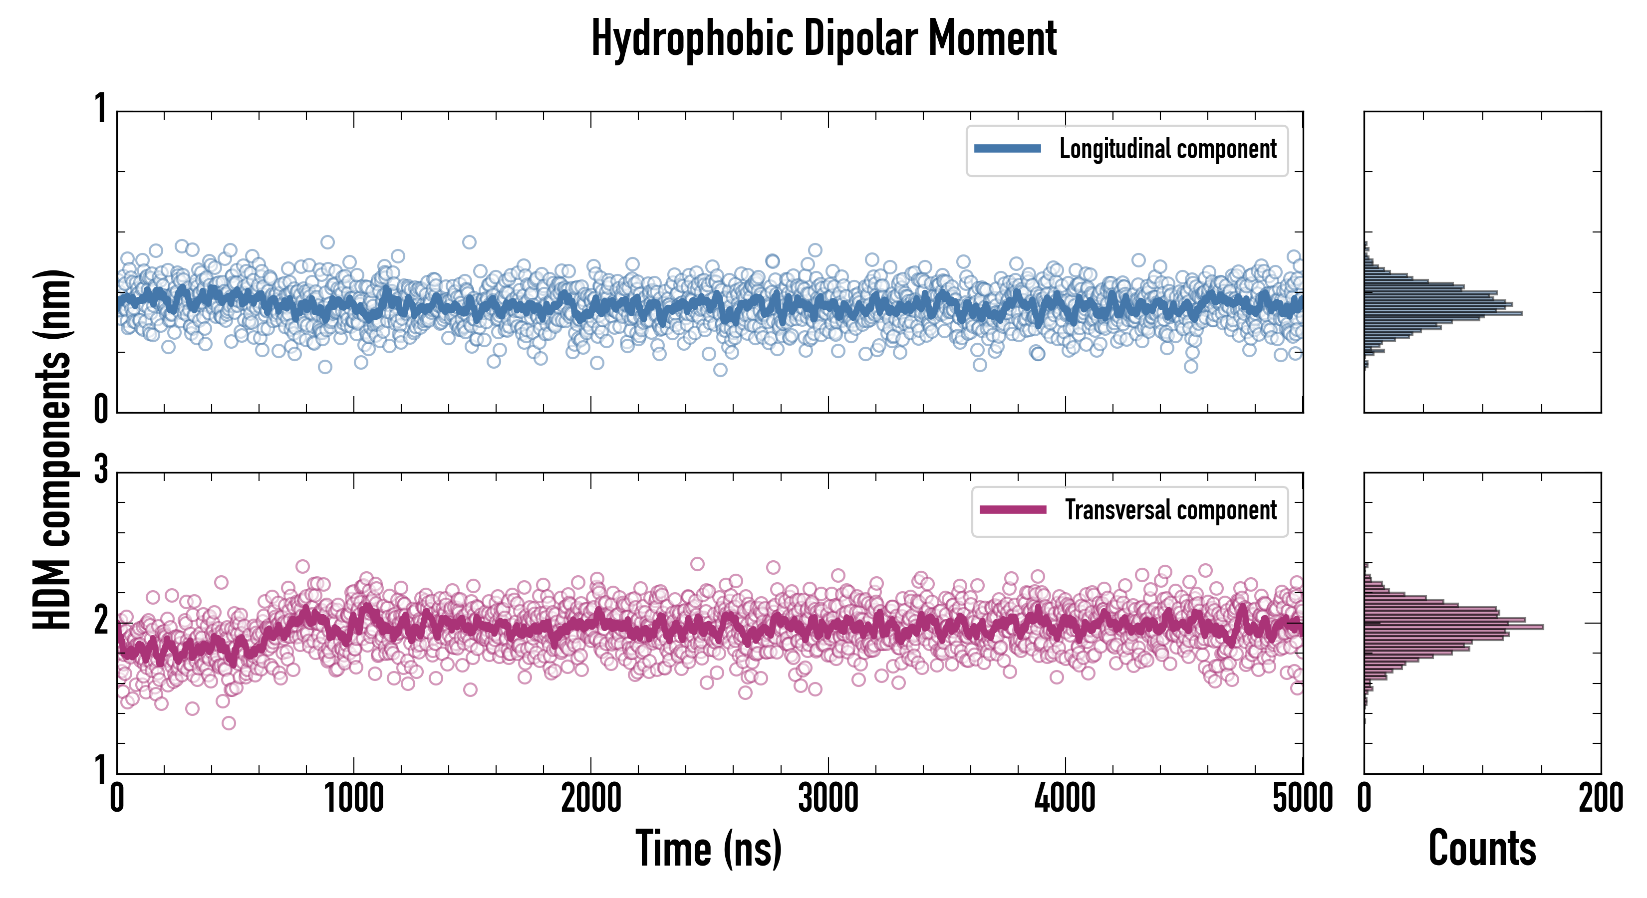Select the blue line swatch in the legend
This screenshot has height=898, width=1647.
click(1007, 149)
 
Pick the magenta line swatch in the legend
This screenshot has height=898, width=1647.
click(1012, 510)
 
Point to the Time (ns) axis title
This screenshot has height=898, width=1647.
click(708, 848)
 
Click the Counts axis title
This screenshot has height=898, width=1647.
click(1482, 848)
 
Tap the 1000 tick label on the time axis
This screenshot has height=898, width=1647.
click(353, 799)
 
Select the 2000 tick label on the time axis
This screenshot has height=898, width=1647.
click(591, 799)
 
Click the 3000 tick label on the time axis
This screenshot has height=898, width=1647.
click(828, 799)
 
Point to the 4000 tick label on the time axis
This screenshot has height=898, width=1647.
click(1065, 799)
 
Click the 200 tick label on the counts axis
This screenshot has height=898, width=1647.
click(1600, 799)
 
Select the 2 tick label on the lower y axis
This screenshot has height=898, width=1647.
click(101, 620)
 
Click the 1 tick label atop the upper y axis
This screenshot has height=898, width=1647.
click(101, 109)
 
